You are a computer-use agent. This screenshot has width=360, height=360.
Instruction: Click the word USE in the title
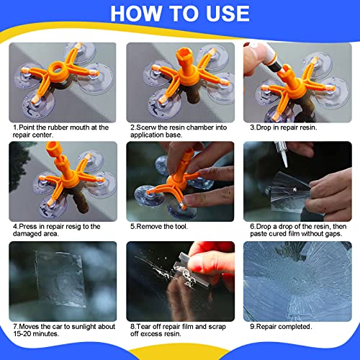pyautogui.click(x=228, y=14)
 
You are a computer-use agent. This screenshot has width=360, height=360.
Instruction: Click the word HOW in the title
pyautogui.click(x=136, y=14)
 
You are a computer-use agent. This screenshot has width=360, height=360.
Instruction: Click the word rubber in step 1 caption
pyautogui.click(x=58, y=127)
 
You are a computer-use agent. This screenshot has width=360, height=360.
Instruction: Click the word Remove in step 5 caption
pyautogui.click(x=149, y=226)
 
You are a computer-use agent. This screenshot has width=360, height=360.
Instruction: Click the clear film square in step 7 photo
pyautogui.click(x=60, y=279)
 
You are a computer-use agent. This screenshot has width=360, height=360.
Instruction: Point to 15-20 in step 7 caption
pyautogui.click(x=22, y=334)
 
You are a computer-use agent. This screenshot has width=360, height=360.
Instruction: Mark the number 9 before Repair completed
pyautogui.click(x=252, y=327)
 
